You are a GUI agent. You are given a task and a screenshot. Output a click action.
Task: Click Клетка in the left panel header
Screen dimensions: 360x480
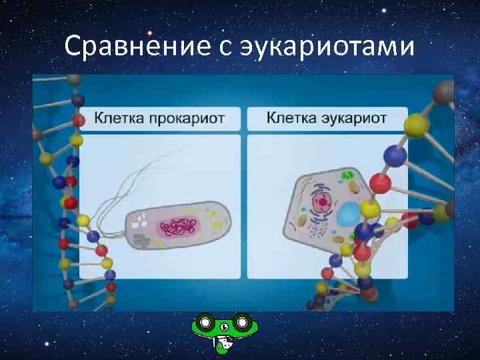click(117, 119)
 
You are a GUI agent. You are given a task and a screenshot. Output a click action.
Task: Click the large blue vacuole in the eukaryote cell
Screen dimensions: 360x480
click(347, 216)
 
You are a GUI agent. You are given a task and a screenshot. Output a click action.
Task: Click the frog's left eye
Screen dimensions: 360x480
click(206, 323)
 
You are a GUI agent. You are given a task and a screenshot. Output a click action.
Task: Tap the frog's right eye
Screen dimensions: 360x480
click(243, 323)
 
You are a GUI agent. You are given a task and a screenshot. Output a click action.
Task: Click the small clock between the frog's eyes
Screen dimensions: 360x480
click(224, 326)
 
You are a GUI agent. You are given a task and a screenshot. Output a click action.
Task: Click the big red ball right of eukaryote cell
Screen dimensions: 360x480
click(380, 183)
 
